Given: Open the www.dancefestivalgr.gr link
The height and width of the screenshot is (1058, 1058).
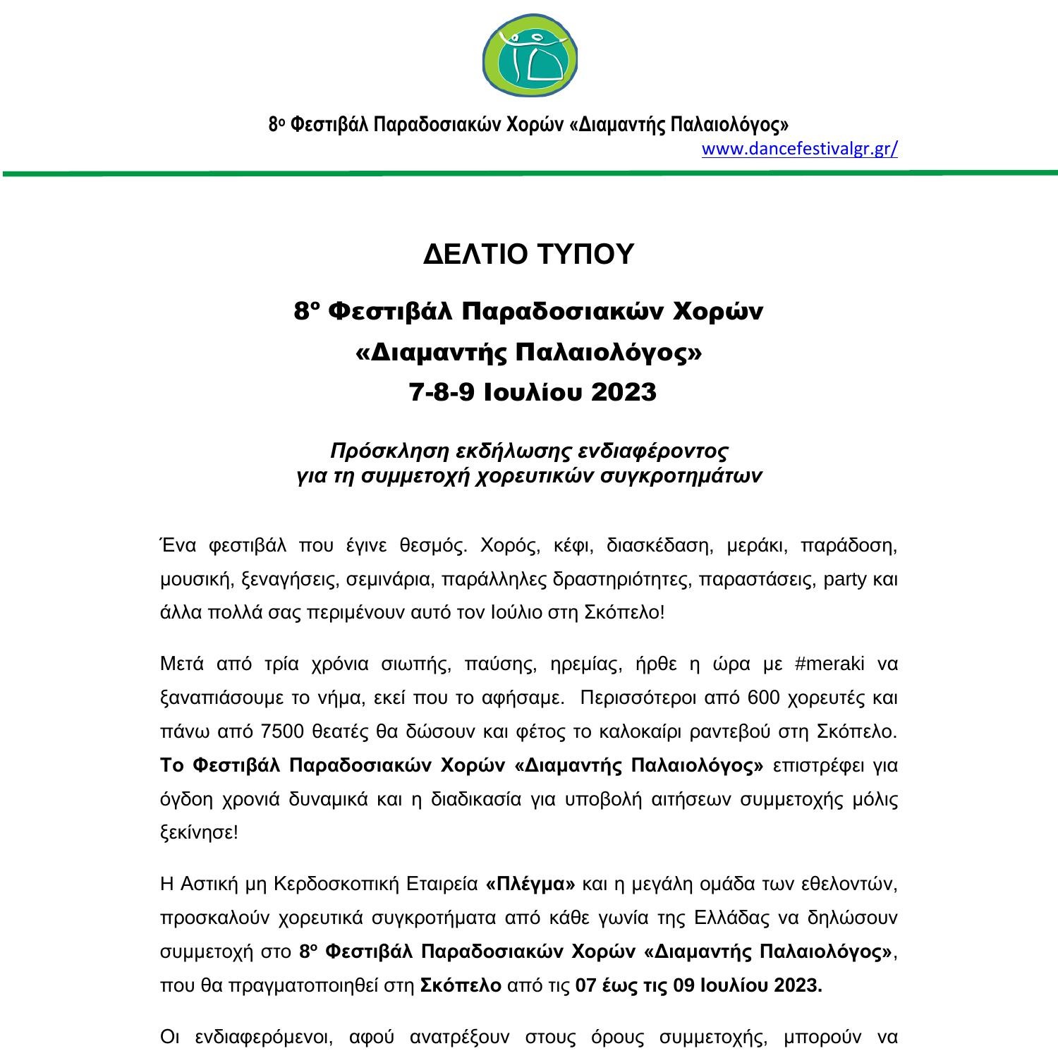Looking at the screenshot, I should pyautogui.click(x=799, y=149).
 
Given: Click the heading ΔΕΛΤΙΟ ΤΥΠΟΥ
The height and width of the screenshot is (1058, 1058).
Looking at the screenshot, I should pyautogui.click(x=528, y=254).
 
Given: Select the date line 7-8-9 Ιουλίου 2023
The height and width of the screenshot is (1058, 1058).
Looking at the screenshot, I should pyautogui.click(x=533, y=392).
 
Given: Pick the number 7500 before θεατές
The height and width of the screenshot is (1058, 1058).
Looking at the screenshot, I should pyautogui.click(x=282, y=731).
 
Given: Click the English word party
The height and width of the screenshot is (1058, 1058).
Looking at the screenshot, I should pyautogui.click(x=844, y=579).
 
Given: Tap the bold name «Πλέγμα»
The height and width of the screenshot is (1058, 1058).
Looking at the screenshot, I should pyautogui.click(x=531, y=884).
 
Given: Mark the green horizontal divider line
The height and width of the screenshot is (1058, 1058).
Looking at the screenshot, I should pyautogui.click(x=529, y=173).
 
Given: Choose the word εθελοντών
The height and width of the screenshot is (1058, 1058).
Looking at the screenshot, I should pyautogui.click(x=853, y=884).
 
